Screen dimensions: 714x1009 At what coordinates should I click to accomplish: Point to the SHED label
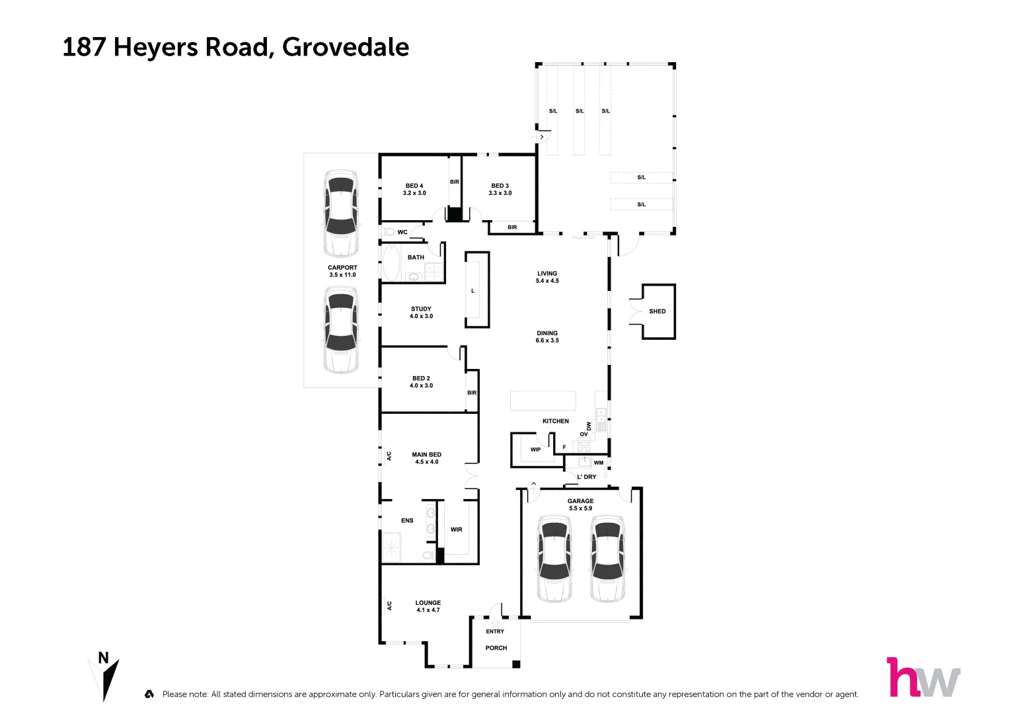click(x=657, y=311)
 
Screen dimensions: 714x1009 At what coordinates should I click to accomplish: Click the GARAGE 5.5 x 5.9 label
click(x=580, y=504)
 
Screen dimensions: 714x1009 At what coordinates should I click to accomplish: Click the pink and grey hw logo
click(x=922, y=678)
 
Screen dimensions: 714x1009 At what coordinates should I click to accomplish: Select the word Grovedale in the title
click(x=346, y=48)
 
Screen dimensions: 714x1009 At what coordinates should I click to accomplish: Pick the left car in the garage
click(x=554, y=559)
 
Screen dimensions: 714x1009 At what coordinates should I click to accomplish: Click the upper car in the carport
click(x=340, y=214)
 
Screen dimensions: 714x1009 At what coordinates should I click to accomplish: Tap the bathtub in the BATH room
click(x=391, y=262)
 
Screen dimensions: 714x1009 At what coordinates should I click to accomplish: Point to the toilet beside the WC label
click(x=388, y=232)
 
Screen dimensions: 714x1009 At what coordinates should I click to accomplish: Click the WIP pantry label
click(x=535, y=450)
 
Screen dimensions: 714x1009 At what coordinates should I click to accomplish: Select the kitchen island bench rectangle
click(x=542, y=401)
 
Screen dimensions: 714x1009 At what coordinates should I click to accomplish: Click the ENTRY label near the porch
click(x=495, y=631)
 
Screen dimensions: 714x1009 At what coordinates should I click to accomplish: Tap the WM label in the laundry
click(x=598, y=463)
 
